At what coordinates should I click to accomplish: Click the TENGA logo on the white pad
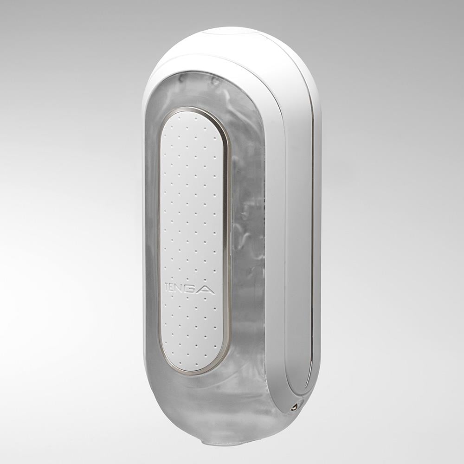tap(190, 288)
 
